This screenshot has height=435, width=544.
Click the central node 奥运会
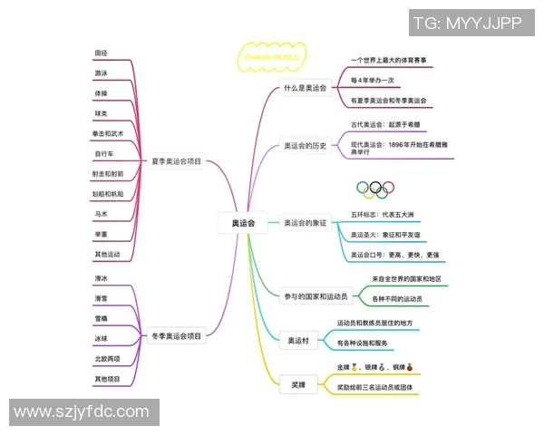244,222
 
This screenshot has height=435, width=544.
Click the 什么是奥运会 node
305,88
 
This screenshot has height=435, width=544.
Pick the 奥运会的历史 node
305,145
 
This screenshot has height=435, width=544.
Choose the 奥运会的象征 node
305,222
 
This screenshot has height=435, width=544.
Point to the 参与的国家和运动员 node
315,297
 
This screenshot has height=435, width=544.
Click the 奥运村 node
298,342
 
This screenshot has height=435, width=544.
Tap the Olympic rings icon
374,188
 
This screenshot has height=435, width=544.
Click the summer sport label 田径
101,53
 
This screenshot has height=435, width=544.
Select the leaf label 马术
101,214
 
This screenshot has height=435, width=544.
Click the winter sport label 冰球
101,338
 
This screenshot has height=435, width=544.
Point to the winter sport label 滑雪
101,298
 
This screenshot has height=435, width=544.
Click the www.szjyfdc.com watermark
81,412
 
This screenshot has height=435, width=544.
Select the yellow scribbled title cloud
269,55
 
